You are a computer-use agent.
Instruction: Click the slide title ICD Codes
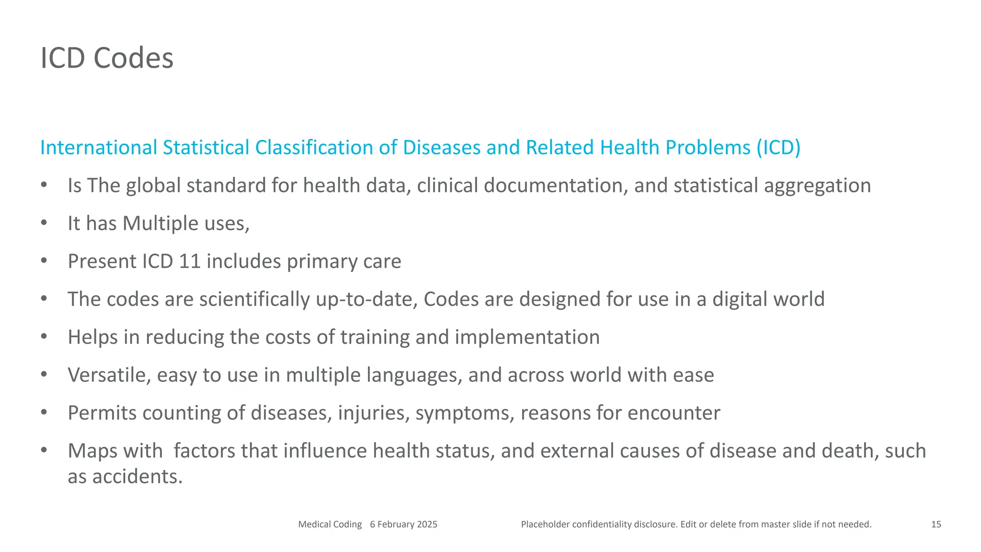point(107,58)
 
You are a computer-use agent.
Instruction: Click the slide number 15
point(936,524)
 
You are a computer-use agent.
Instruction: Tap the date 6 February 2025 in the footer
point(403,524)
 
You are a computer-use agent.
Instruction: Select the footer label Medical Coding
point(330,524)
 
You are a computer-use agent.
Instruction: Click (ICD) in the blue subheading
point(778,148)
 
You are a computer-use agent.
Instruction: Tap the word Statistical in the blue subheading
point(206,148)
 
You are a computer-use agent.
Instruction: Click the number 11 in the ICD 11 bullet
point(189,261)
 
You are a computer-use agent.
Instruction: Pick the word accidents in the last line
point(137,477)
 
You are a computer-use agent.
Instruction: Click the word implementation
point(527,337)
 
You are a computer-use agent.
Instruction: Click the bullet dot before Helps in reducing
point(44,336)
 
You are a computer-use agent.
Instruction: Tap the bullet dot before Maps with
point(44,450)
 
